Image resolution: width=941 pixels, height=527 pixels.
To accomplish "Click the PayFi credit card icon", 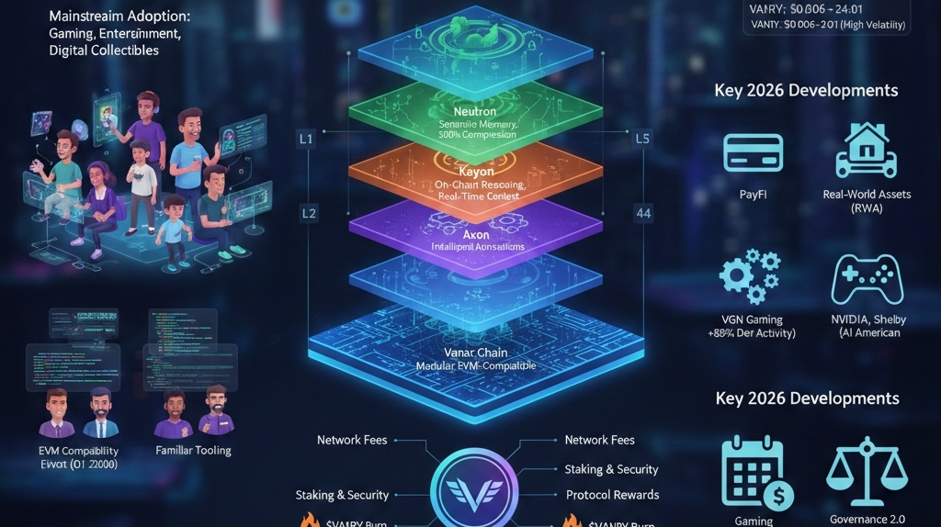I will click(x=754, y=153).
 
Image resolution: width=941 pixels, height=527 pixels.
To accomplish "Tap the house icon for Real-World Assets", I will click(x=865, y=151).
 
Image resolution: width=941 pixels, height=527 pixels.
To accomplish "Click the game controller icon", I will click(x=867, y=279).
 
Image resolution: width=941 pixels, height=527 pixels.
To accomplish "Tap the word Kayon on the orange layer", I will click(x=476, y=171).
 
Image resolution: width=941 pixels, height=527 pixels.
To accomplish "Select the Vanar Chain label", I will click(x=476, y=351).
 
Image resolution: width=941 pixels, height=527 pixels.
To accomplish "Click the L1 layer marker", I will click(x=307, y=140).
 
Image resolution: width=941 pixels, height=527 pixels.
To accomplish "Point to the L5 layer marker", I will click(x=642, y=140).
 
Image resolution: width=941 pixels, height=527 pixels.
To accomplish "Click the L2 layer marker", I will click(x=309, y=213).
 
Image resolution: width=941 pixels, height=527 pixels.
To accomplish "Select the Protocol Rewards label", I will click(x=612, y=495).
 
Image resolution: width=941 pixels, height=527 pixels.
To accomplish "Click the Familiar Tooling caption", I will click(x=194, y=450).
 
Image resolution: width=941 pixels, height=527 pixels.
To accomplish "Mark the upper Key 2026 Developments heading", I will click(x=806, y=91).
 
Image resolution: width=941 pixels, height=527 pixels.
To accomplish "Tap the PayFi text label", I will click(x=752, y=195).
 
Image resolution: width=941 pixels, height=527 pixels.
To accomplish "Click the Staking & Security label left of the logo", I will click(x=342, y=495).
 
